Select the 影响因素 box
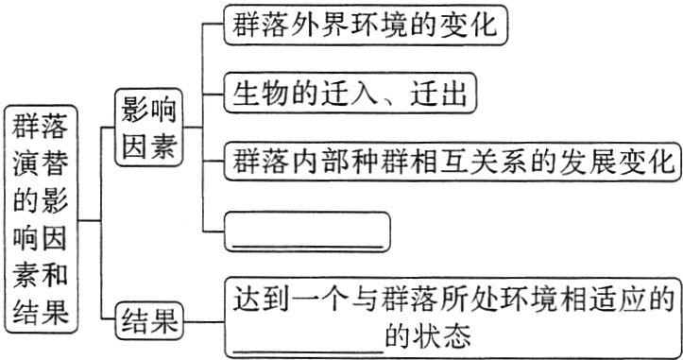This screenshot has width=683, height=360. coord(147,129)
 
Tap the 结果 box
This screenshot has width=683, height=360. coord(147,321)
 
